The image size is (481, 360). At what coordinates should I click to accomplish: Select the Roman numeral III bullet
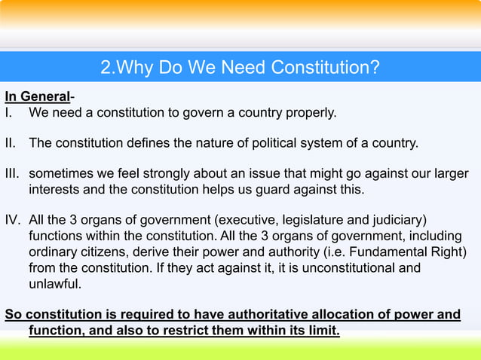[13, 172]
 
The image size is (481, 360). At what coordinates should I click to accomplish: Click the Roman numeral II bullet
[10, 142]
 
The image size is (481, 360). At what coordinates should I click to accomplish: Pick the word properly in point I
[311, 113]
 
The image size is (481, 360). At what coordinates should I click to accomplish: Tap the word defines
[150, 142]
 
